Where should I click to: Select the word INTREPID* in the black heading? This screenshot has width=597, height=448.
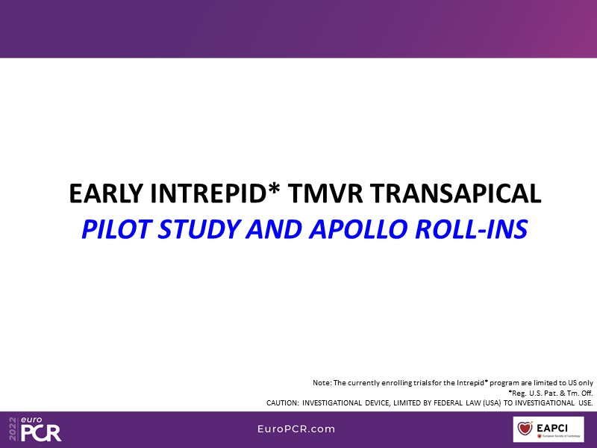(216, 193)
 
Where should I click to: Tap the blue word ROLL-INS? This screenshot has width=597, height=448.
(472, 229)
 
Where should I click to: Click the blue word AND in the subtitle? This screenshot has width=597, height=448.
(274, 229)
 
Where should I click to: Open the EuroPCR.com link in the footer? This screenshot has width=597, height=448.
(296, 429)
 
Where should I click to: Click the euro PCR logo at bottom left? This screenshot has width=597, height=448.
(35, 429)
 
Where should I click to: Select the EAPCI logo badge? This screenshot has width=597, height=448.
(548, 429)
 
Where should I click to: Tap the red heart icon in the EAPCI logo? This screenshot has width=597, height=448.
(525, 428)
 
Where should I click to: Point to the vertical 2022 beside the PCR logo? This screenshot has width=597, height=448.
(13, 429)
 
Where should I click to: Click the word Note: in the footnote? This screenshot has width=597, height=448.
(322, 383)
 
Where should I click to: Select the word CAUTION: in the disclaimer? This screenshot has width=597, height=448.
(283, 403)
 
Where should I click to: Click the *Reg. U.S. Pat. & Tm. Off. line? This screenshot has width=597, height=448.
(551, 393)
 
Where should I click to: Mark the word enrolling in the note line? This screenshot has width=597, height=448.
(385, 383)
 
